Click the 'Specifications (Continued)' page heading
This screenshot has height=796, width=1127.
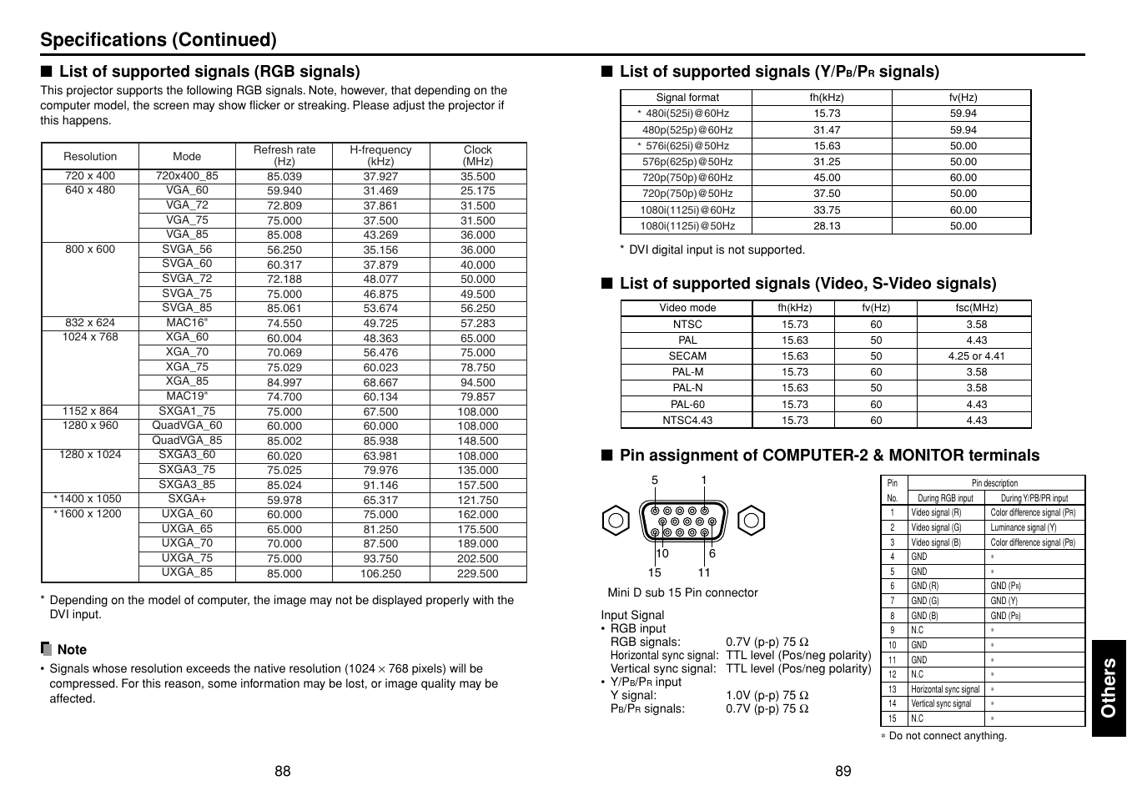pos(158,40)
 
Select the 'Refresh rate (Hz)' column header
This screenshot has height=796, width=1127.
pos(284,156)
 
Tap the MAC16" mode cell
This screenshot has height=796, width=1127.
pos(187,323)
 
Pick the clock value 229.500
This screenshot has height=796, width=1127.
pos(478,574)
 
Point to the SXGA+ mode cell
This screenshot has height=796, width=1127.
pos(187,499)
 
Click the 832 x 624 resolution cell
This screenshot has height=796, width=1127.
pos(90,323)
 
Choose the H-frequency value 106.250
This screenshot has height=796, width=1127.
pos(380,574)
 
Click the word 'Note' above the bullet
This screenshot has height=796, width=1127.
pos(72,650)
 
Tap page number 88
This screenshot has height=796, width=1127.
pos(283,771)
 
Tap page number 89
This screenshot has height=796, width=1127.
pos(843,771)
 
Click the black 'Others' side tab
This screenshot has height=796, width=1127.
pos(1109,688)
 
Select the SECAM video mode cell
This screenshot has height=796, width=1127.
pos(687,356)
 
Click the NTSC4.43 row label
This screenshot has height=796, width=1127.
pos(687,421)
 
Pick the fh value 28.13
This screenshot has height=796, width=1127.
pos(827,226)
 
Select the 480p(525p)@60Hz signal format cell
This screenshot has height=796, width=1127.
pos(687,130)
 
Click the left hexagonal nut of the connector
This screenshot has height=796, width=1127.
pos(615,521)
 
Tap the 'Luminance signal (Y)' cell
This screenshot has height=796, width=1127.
pos(1024,527)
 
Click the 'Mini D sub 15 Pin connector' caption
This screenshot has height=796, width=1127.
pos(682,593)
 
